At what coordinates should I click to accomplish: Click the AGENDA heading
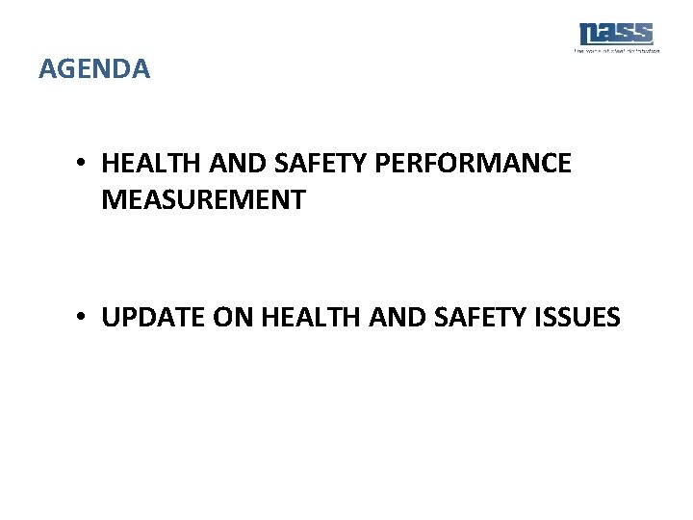tap(94, 69)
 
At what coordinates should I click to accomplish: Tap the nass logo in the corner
tap(616, 34)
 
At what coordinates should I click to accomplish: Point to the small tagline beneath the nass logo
tap(616, 50)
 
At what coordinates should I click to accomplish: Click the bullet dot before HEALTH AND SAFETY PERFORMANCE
tap(86, 164)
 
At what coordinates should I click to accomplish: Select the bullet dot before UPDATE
tap(86, 317)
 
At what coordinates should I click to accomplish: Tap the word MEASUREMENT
tap(203, 200)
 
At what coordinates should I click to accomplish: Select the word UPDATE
tap(147, 317)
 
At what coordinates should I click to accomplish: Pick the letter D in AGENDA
tap(122, 69)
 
